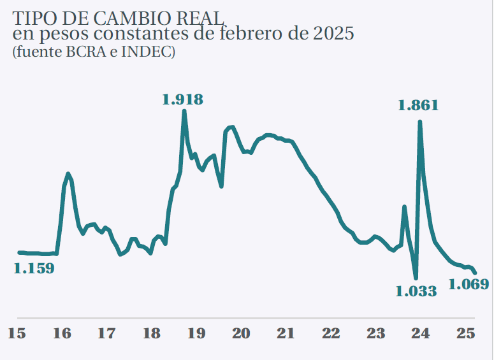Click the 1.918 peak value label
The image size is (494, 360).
[182, 99]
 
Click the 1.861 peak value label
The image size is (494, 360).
[418, 106]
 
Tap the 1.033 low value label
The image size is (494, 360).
[416, 292]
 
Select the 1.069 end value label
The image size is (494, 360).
[469, 284]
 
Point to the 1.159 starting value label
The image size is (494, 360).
[34, 268]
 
